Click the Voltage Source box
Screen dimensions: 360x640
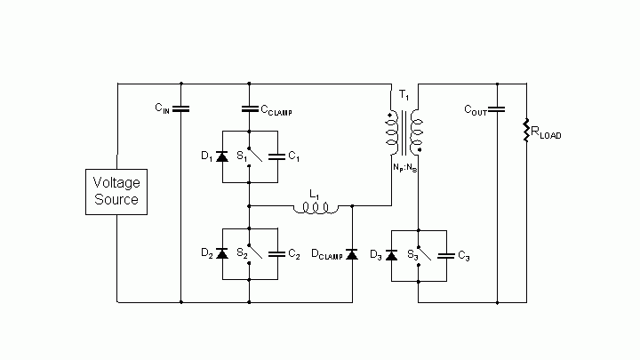116,191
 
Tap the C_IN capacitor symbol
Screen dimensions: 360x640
181,109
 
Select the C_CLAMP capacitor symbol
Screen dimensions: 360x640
249,109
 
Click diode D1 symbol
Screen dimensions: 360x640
222,156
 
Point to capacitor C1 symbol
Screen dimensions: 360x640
276,156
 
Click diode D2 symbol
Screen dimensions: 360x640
222,253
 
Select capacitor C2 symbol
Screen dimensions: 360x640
276,253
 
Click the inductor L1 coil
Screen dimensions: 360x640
316,209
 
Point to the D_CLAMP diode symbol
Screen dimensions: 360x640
352,255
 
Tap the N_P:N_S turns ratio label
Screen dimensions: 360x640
404,166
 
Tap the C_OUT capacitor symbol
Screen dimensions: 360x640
497,109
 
